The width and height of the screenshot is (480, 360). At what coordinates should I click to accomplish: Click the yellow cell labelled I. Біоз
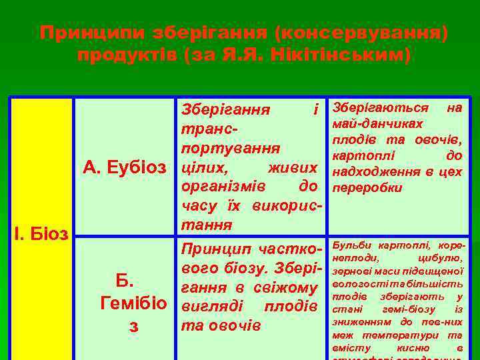(x=41, y=233)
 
